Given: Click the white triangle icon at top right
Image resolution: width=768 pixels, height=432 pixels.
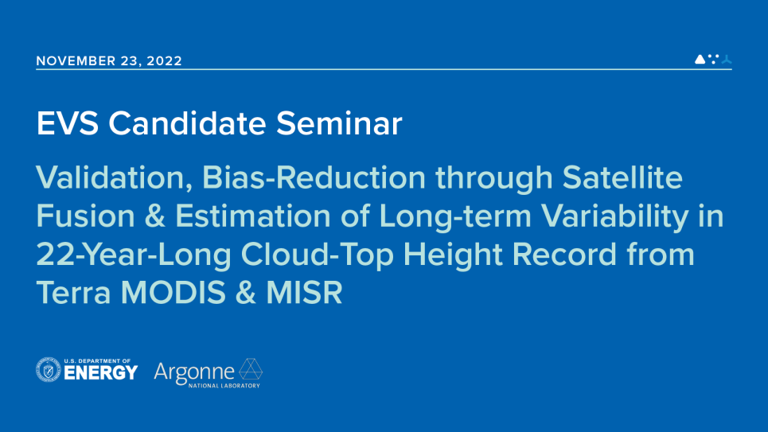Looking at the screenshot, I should pyautogui.click(x=700, y=59).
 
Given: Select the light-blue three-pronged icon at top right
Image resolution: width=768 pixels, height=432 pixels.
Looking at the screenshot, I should pyautogui.click(x=726, y=59).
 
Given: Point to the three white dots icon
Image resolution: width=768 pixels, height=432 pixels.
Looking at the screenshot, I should pyautogui.click(x=713, y=57).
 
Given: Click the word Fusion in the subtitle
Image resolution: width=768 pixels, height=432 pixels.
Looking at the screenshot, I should pyautogui.click(x=84, y=216).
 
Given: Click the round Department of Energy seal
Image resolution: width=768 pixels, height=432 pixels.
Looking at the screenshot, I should pyautogui.click(x=49, y=370).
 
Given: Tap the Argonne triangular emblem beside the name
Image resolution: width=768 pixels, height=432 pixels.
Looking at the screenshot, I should pyautogui.click(x=251, y=370).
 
